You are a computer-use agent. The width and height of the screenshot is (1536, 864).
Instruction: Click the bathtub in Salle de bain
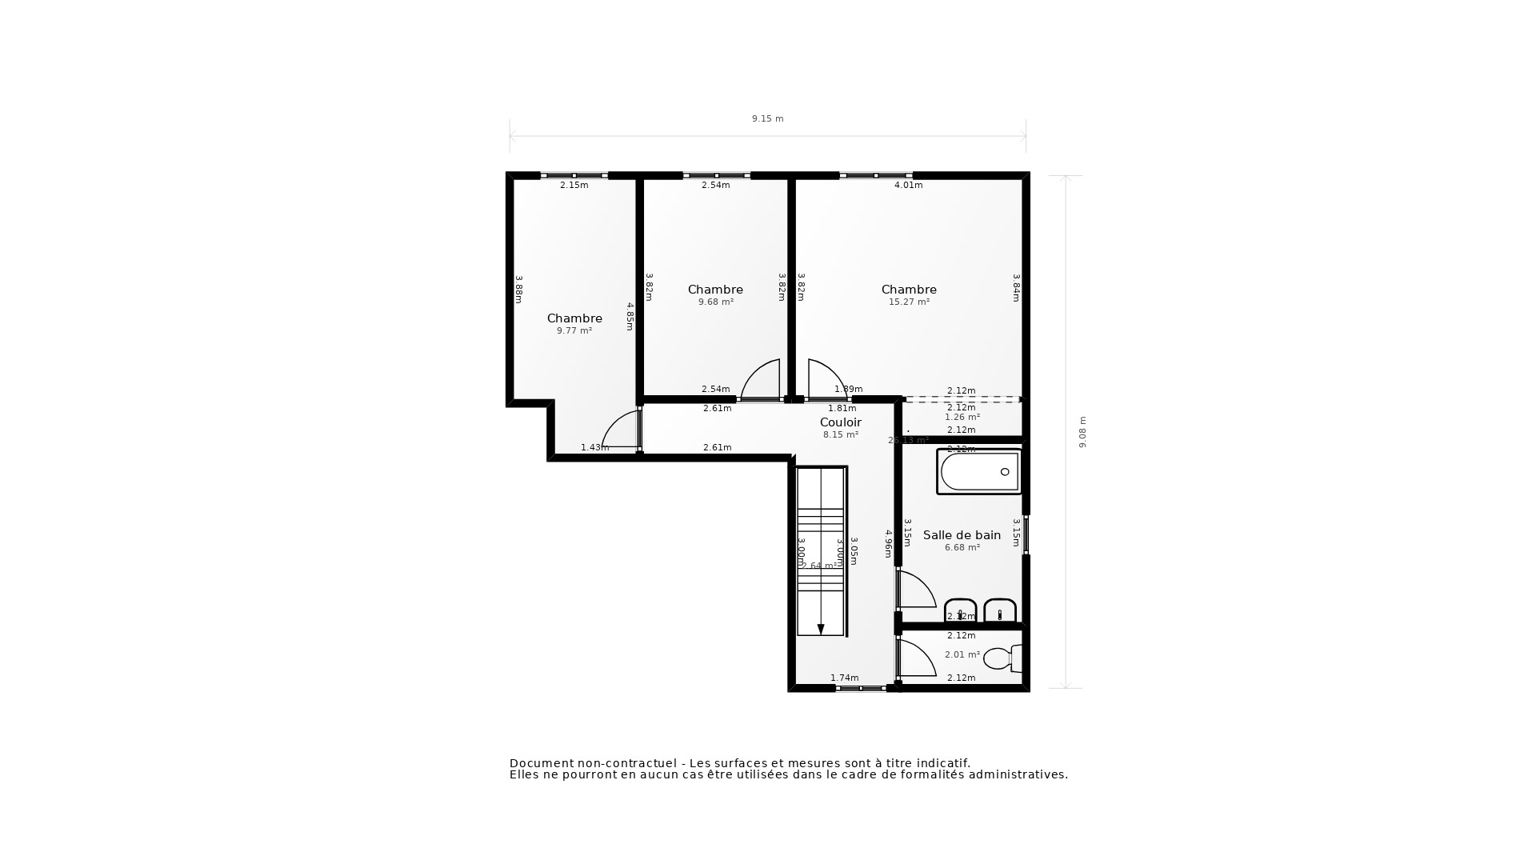click(x=979, y=472)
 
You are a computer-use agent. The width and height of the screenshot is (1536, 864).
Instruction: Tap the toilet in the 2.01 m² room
click(x=1001, y=658)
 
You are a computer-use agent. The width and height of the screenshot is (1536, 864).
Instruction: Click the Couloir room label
click(x=840, y=422)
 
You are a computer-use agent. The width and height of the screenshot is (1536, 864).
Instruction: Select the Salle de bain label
click(x=962, y=535)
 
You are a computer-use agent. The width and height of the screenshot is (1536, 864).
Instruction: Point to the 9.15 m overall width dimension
click(x=767, y=118)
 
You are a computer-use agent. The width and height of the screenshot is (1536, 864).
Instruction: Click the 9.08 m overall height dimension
click(x=1082, y=432)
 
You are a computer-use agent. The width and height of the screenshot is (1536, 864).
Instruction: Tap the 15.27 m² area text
click(x=909, y=302)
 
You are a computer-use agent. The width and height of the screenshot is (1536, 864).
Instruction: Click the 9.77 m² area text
click(x=574, y=331)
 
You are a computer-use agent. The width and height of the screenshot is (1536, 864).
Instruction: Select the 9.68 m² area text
click(x=715, y=302)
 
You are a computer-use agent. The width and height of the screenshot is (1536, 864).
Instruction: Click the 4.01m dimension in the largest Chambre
click(x=908, y=186)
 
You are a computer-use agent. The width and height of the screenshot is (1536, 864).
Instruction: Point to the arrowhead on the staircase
click(x=821, y=630)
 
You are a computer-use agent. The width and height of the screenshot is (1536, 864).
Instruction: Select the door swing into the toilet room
click(x=916, y=658)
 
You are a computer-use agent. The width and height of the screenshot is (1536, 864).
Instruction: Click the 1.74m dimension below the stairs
click(x=844, y=678)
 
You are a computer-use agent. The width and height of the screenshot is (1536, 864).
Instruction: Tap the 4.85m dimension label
click(x=630, y=316)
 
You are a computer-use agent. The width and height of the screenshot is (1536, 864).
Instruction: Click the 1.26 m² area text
click(x=962, y=418)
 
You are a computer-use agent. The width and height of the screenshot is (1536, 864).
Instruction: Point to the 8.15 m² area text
click(x=840, y=435)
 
